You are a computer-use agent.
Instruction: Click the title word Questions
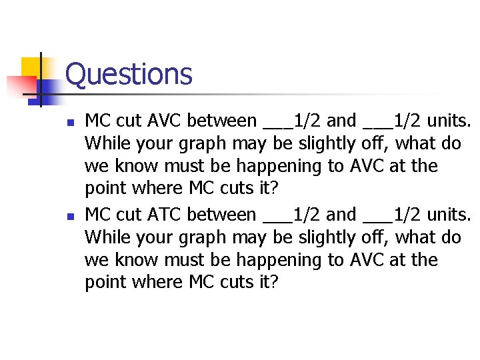click(x=129, y=74)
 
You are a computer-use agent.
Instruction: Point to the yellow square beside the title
click(x=31, y=68)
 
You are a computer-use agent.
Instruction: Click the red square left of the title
click(x=20, y=85)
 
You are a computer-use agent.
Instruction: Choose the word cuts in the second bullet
click(x=231, y=283)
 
